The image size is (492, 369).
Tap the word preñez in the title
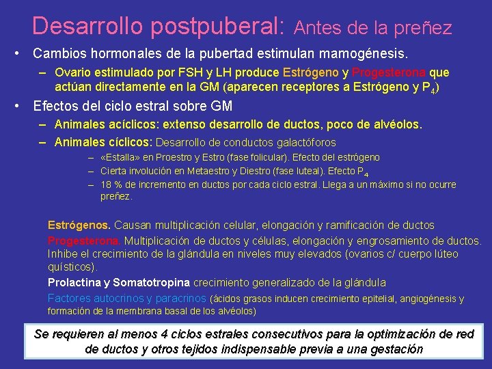426,28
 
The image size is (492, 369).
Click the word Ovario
72,72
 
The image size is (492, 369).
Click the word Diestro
247,172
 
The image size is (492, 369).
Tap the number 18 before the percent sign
106,184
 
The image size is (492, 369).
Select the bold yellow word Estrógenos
79,225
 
